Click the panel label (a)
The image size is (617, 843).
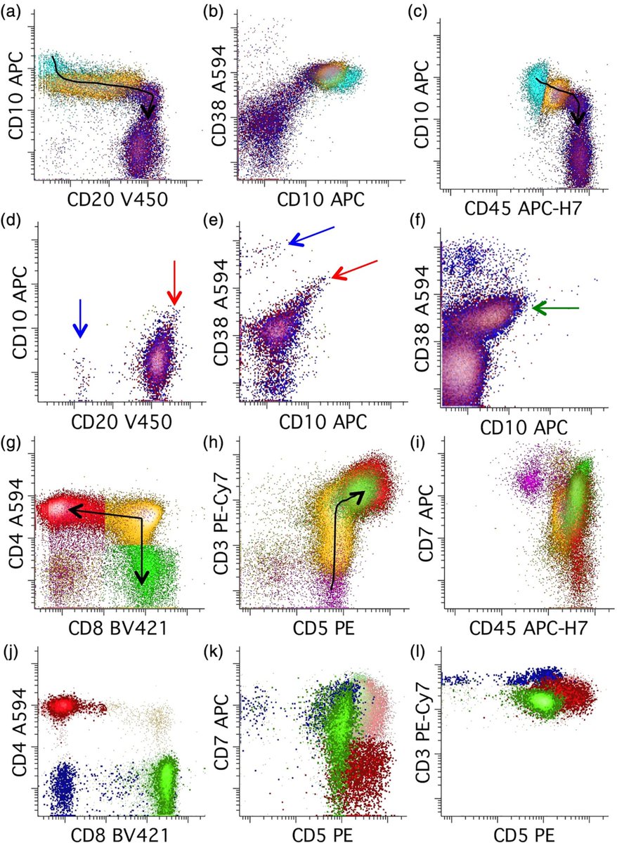pyautogui.click(x=12, y=11)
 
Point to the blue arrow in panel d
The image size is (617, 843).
pyautogui.click(x=81, y=318)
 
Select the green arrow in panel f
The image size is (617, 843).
pyautogui.click(x=555, y=308)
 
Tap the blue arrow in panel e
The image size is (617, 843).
pyautogui.click(x=312, y=236)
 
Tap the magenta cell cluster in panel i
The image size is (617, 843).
pyautogui.click(x=527, y=481)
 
